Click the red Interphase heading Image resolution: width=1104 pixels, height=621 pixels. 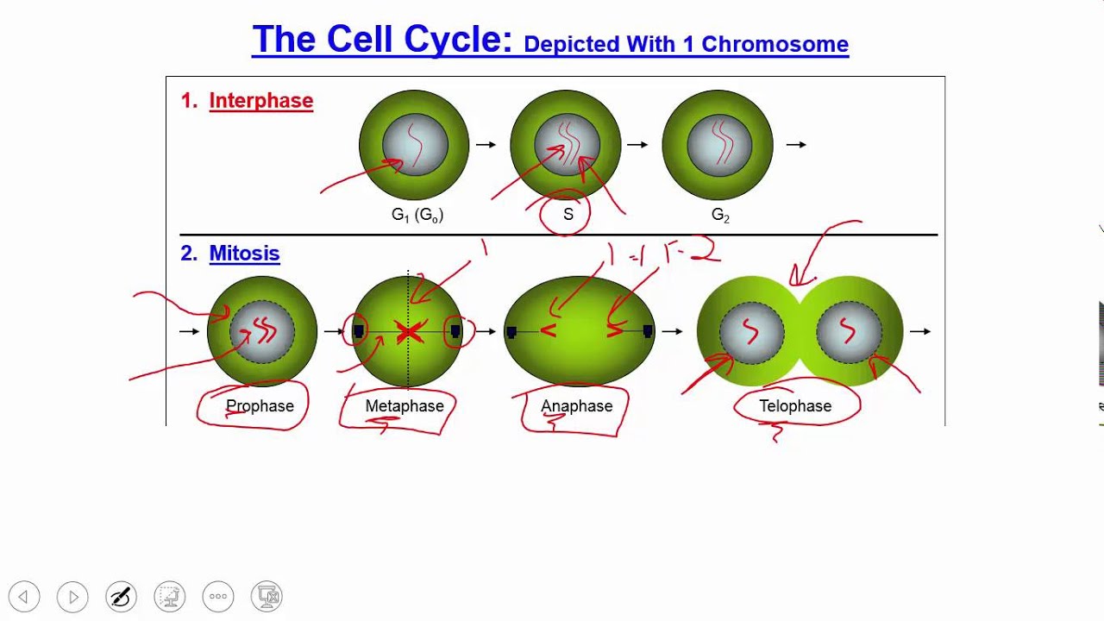[260, 101]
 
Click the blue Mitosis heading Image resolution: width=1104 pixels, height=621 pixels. [244, 254]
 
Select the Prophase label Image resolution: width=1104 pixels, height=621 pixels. [260, 406]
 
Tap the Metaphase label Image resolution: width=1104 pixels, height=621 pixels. [405, 406]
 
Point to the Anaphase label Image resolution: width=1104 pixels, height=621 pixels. [576, 406]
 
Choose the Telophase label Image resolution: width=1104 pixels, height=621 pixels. [795, 406]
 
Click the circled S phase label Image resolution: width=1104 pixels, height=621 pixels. [568, 215]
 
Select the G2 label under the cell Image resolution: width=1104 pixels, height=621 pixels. [720, 216]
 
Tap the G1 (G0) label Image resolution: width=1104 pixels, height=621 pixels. [417, 216]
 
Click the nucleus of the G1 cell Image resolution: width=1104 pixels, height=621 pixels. [415, 145]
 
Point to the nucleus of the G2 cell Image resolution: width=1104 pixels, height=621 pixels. [718, 145]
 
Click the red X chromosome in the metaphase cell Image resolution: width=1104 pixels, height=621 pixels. [409, 332]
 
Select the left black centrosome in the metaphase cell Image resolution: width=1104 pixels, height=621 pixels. [359, 331]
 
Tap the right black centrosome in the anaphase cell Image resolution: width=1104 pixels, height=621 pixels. [648, 331]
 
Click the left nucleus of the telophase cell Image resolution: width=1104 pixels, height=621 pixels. [750, 332]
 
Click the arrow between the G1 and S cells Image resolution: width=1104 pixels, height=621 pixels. [486, 145]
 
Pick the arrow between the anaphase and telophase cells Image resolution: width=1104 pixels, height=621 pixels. [672, 331]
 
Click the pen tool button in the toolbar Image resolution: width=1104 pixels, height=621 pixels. [121, 596]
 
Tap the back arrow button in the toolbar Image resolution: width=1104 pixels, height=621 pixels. [24, 596]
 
